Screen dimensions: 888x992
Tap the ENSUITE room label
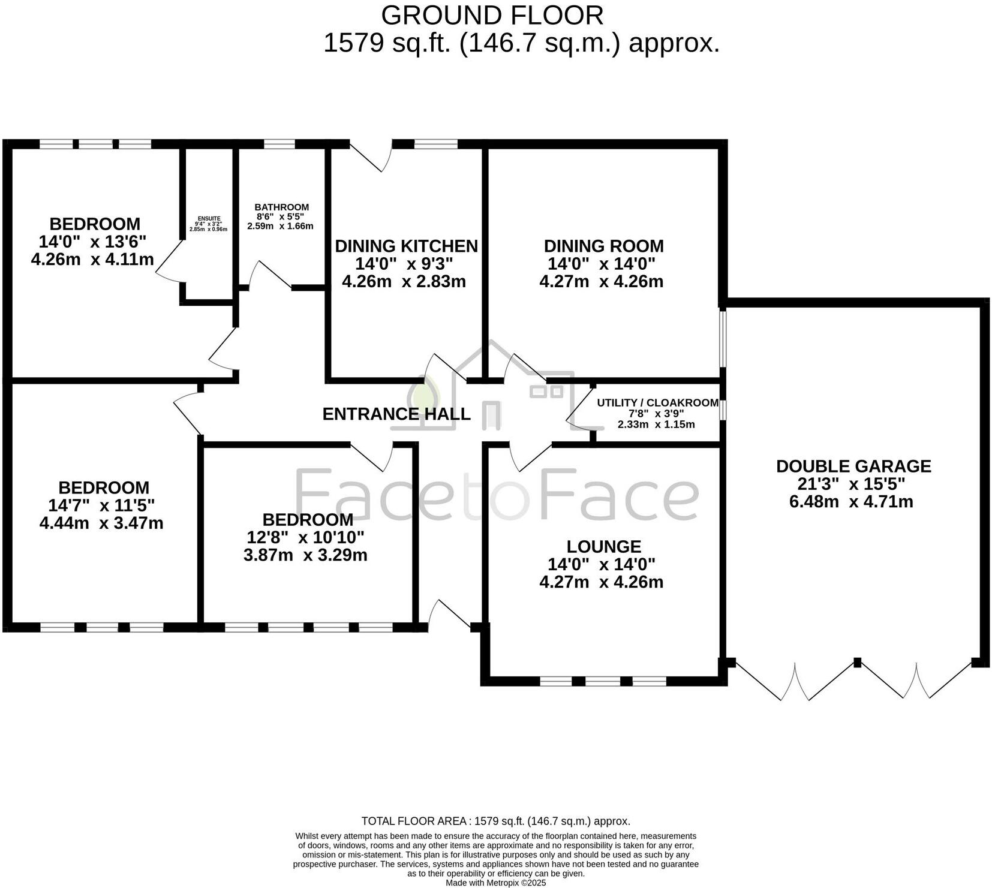pyautogui.click(x=209, y=219)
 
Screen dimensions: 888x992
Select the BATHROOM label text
pyautogui.click(x=281, y=207)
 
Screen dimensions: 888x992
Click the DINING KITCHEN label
pyautogui.click(x=406, y=246)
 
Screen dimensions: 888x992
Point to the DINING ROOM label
pyautogui.click(x=603, y=246)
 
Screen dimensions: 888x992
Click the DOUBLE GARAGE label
pyautogui.click(x=853, y=466)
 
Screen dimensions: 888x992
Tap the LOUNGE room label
pyautogui.click(x=603, y=547)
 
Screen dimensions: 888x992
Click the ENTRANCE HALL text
pyautogui.click(x=396, y=414)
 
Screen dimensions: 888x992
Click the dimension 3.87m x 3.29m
pyautogui.click(x=305, y=555)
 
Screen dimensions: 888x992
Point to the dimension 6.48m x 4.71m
pyautogui.click(x=850, y=502)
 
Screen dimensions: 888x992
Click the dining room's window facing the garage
pyautogui.click(x=723, y=338)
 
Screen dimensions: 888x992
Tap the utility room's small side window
pyautogui.click(x=723, y=411)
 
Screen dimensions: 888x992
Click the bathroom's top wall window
pyautogui.click(x=279, y=144)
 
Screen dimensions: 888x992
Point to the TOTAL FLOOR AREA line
pyautogui.click(x=495, y=821)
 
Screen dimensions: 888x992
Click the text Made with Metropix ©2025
pyautogui.click(x=495, y=883)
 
